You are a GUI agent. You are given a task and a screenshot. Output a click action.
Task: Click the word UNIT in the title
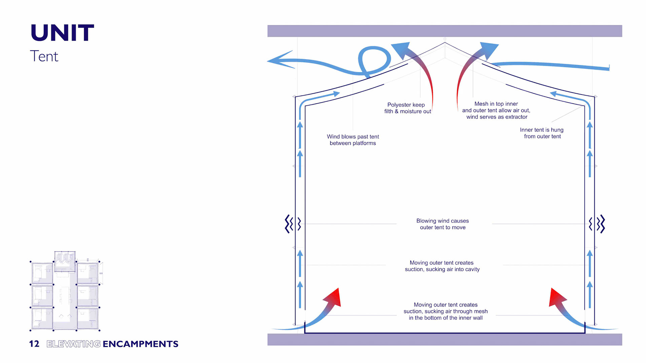[62, 33]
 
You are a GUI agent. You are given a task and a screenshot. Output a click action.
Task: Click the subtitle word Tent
[44, 56]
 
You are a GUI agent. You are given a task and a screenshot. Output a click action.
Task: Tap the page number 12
[34, 344]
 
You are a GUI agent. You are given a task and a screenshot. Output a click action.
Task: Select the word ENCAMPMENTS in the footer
[140, 344]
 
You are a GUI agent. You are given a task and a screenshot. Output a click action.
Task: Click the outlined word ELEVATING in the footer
[73, 344]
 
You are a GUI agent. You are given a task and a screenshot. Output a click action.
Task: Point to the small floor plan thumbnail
[65, 291]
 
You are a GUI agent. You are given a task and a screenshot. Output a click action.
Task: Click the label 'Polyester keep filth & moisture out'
[407, 108]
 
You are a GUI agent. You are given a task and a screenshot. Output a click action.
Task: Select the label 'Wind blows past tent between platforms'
[353, 140]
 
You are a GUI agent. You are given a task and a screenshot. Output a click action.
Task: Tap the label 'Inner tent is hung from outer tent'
[542, 133]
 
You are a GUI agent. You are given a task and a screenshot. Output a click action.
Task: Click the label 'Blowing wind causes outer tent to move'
[442, 224]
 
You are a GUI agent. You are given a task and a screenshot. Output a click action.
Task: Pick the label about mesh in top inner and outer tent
[496, 110]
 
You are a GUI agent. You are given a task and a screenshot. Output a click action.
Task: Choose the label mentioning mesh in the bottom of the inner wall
[445, 311]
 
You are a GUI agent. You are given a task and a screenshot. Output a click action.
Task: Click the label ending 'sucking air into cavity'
[442, 266]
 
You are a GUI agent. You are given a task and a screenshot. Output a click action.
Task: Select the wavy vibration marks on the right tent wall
[598, 224]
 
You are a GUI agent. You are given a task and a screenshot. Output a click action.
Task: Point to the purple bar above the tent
[444, 31]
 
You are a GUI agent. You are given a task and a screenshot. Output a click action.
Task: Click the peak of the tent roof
[445, 43]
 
